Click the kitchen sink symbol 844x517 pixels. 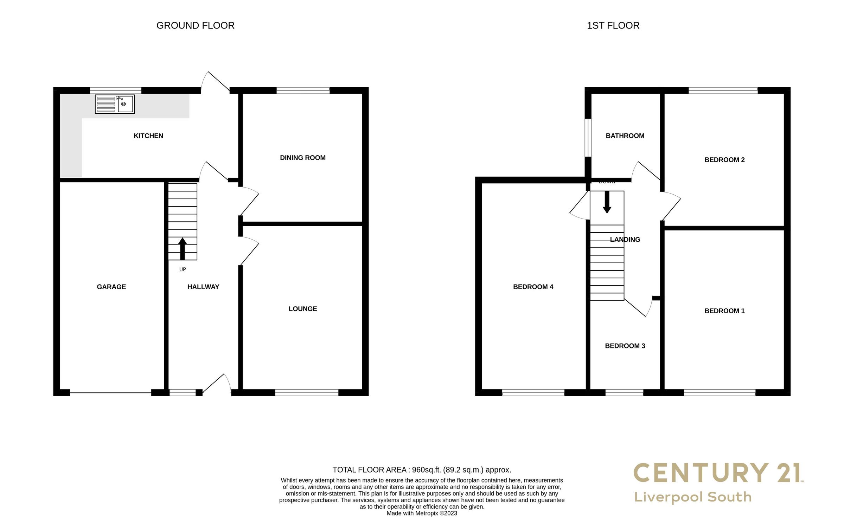[115, 104]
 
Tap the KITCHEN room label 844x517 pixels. [148, 136]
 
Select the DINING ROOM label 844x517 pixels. [302, 158]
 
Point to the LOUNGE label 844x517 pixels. [302, 309]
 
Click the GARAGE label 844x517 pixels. [111, 287]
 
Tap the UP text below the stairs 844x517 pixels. [182, 269]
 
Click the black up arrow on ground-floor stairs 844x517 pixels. [182, 248]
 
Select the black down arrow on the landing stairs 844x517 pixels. [607, 202]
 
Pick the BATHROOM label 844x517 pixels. [625, 136]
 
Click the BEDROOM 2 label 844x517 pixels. [724, 160]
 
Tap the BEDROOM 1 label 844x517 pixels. [724, 311]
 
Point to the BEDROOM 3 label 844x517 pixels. [625, 346]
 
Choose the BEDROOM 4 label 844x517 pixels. [533, 287]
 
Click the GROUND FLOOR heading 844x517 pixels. [195, 26]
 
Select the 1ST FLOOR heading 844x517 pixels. [613, 26]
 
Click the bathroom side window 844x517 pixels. [588, 137]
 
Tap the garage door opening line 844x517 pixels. [110, 392]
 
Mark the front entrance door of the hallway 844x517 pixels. [215, 384]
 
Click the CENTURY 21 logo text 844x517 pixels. [717, 473]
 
